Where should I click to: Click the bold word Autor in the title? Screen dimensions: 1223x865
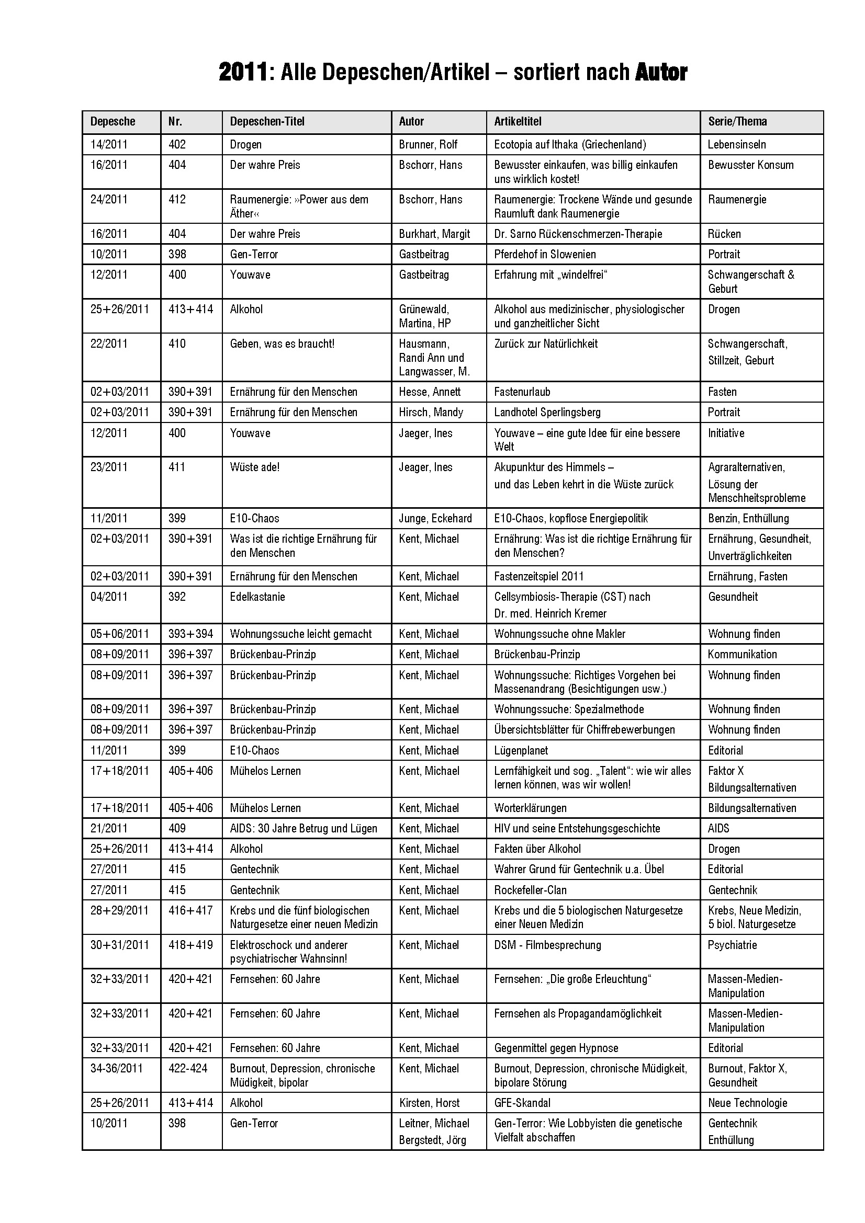click(660, 72)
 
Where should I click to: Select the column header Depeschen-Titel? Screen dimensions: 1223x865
click(267, 121)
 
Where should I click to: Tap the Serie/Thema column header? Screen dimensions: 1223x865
click(737, 121)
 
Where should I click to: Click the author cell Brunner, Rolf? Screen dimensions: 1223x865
click(428, 144)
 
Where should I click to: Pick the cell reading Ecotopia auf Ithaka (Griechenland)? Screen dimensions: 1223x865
click(570, 144)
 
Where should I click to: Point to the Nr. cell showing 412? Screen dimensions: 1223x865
click(177, 199)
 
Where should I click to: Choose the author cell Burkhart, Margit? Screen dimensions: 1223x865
click(434, 234)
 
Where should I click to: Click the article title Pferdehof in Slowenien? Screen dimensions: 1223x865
click(545, 254)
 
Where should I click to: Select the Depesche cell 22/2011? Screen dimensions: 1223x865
click(109, 344)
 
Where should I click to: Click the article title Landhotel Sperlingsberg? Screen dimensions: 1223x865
click(547, 412)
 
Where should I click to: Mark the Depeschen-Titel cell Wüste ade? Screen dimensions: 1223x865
click(255, 467)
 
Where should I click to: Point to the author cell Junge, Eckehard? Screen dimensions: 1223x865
click(435, 518)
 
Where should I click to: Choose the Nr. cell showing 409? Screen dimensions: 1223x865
click(177, 828)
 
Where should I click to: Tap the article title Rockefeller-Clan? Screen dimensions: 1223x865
click(530, 890)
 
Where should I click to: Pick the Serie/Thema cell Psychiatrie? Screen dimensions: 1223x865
click(732, 945)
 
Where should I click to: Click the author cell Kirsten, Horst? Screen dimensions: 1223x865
click(429, 1103)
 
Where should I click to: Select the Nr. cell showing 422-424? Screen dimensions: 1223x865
click(188, 1068)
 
